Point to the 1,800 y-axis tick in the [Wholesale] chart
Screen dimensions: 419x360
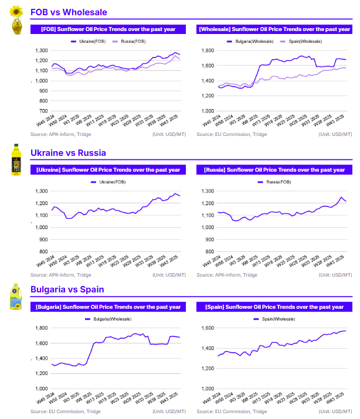tap(208, 51)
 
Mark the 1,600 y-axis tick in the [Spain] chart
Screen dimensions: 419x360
tap(208, 328)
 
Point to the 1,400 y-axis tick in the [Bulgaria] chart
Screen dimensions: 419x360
tap(42, 358)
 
